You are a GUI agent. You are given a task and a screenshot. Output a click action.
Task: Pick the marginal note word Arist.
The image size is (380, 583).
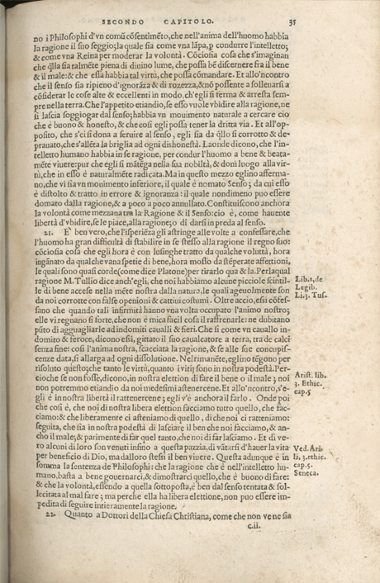tap(325, 422)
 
